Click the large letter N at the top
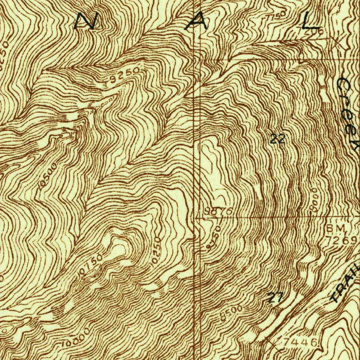click(x=86, y=21)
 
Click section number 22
click(x=277, y=139)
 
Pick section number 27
click(x=274, y=298)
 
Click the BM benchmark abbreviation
click(x=336, y=229)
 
